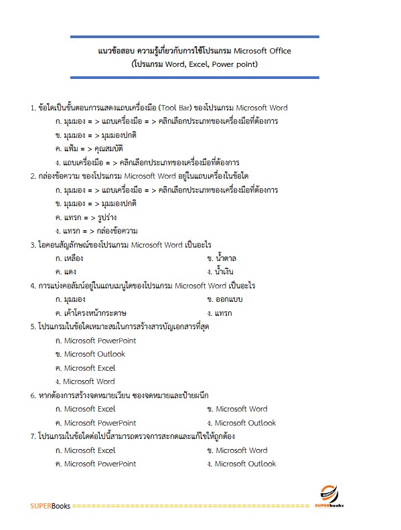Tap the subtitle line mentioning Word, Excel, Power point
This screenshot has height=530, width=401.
195,64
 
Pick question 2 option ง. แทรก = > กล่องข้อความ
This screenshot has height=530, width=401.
97,231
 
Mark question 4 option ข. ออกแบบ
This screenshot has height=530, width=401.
226,299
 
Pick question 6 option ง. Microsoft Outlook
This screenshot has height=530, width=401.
242,423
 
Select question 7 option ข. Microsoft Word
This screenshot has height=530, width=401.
238,450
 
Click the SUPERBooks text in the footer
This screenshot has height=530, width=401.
50,506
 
